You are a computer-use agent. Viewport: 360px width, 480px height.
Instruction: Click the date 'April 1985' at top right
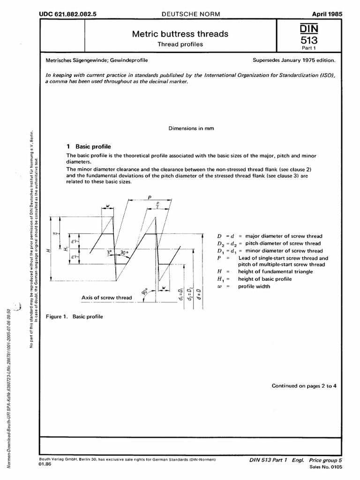coord(327,14)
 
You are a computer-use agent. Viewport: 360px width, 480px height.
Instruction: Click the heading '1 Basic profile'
coord(89,146)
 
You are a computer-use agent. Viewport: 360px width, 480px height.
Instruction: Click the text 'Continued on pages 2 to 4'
coord(304,386)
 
